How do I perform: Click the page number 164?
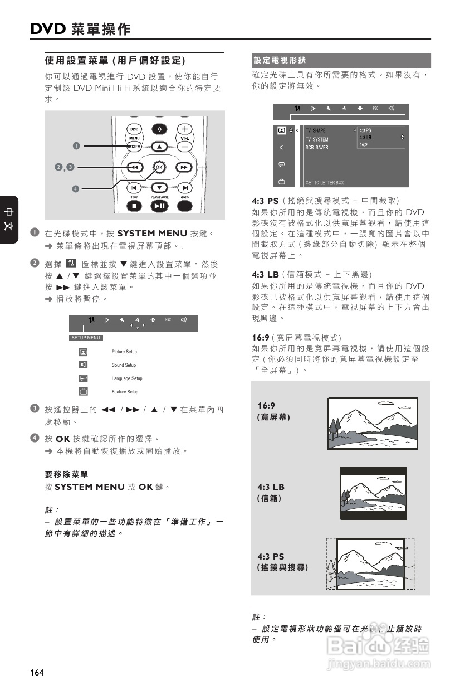pos(37,673)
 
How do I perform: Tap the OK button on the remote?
pos(159,167)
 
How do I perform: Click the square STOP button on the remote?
pos(134,206)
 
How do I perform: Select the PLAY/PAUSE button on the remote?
pos(159,206)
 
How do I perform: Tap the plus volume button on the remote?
pos(184,129)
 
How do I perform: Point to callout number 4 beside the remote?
pos(75,187)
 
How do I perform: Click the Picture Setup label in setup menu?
pos(124,352)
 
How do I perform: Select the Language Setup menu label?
pos(126,378)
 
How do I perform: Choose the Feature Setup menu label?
pos(125,392)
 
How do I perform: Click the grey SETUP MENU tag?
pos(86,338)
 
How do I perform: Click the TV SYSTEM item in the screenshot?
pos(316,139)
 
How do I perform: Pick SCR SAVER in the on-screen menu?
pos(316,148)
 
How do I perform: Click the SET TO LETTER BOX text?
pos(324,183)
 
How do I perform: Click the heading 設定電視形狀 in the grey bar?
pos(280,60)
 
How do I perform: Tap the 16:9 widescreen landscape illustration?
pos(371,422)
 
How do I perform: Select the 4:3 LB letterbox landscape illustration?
pos(373,493)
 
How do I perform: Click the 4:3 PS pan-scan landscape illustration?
pos(370,563)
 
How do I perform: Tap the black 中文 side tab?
pos(9,219)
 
